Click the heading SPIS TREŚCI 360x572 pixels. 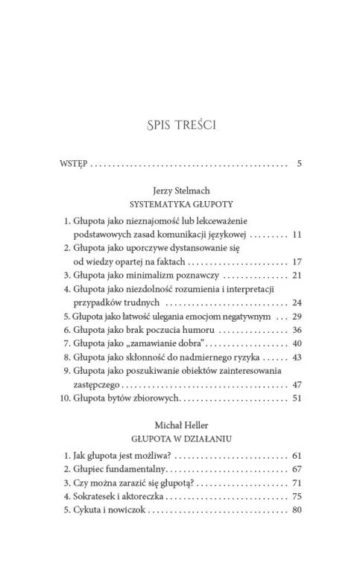click(x=180, y=124)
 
